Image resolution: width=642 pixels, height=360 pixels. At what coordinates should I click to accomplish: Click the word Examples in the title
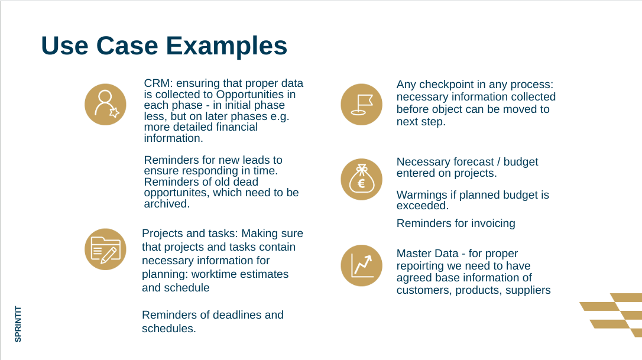tap(226, 46)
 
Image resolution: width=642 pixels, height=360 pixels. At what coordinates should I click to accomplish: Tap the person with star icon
tap(105, 105)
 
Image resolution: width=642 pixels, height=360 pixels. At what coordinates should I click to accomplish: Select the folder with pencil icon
tap(105, 249)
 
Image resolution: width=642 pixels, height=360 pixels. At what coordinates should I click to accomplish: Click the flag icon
tap(362, 105)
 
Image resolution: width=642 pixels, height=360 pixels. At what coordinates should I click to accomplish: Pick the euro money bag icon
tap(362, 179)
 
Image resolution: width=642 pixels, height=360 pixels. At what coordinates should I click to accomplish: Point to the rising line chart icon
tap(362, 265)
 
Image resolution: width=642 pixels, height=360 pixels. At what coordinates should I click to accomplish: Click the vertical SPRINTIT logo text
tap(18, 324)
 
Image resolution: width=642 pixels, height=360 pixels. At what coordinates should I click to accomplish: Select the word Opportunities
tap(249, 95)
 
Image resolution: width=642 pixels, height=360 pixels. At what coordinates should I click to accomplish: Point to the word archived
tap(167, 203)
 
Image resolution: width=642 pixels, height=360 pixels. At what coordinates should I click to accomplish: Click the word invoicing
tap(493, 223)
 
